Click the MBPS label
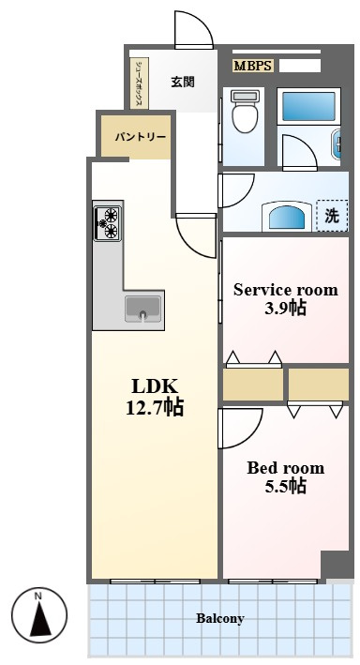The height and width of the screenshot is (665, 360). (253, 66)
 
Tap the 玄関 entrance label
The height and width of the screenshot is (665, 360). (183, 82)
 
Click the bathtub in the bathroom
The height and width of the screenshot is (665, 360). (309, 106)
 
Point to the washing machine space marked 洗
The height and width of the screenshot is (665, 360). (332, 216)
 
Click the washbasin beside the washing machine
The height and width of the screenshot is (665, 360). (287, 217)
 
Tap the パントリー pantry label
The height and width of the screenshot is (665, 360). (140, 137)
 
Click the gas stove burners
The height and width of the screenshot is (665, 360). (108, 223)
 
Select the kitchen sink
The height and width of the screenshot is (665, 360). (142, 309)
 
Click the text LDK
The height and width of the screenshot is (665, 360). (154, 386)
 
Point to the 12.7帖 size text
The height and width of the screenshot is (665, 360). (155, 408)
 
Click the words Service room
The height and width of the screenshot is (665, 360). (286, 290)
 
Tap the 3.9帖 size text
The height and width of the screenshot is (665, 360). (285, 309)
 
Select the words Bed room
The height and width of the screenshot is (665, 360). (285, 468)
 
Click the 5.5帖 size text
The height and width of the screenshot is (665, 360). (285, 486)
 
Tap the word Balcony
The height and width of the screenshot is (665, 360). (219, 618)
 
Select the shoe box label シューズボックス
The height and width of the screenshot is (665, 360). (139, 83)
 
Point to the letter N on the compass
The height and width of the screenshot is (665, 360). (38, 597)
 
